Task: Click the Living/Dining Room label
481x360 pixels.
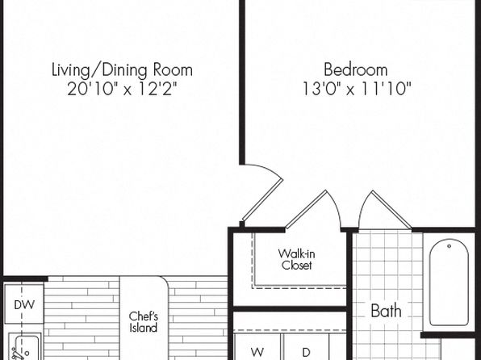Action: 122,70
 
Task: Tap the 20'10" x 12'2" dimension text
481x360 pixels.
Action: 122,90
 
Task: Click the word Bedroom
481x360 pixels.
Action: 356,69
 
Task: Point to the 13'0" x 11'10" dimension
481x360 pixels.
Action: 357,89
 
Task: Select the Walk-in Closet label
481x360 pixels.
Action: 297,259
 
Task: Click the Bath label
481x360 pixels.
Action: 387,311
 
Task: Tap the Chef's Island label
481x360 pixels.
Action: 144,322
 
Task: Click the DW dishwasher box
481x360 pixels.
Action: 24,303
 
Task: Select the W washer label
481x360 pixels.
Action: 257,352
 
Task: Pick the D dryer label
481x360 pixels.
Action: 306,352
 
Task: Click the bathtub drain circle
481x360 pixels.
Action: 449,246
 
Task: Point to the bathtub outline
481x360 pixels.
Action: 430,283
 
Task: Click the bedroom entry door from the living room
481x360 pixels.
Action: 262,199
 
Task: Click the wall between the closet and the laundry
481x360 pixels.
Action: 290,309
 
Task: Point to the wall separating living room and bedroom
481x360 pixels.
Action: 242,82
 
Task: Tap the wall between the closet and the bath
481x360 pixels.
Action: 349,295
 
